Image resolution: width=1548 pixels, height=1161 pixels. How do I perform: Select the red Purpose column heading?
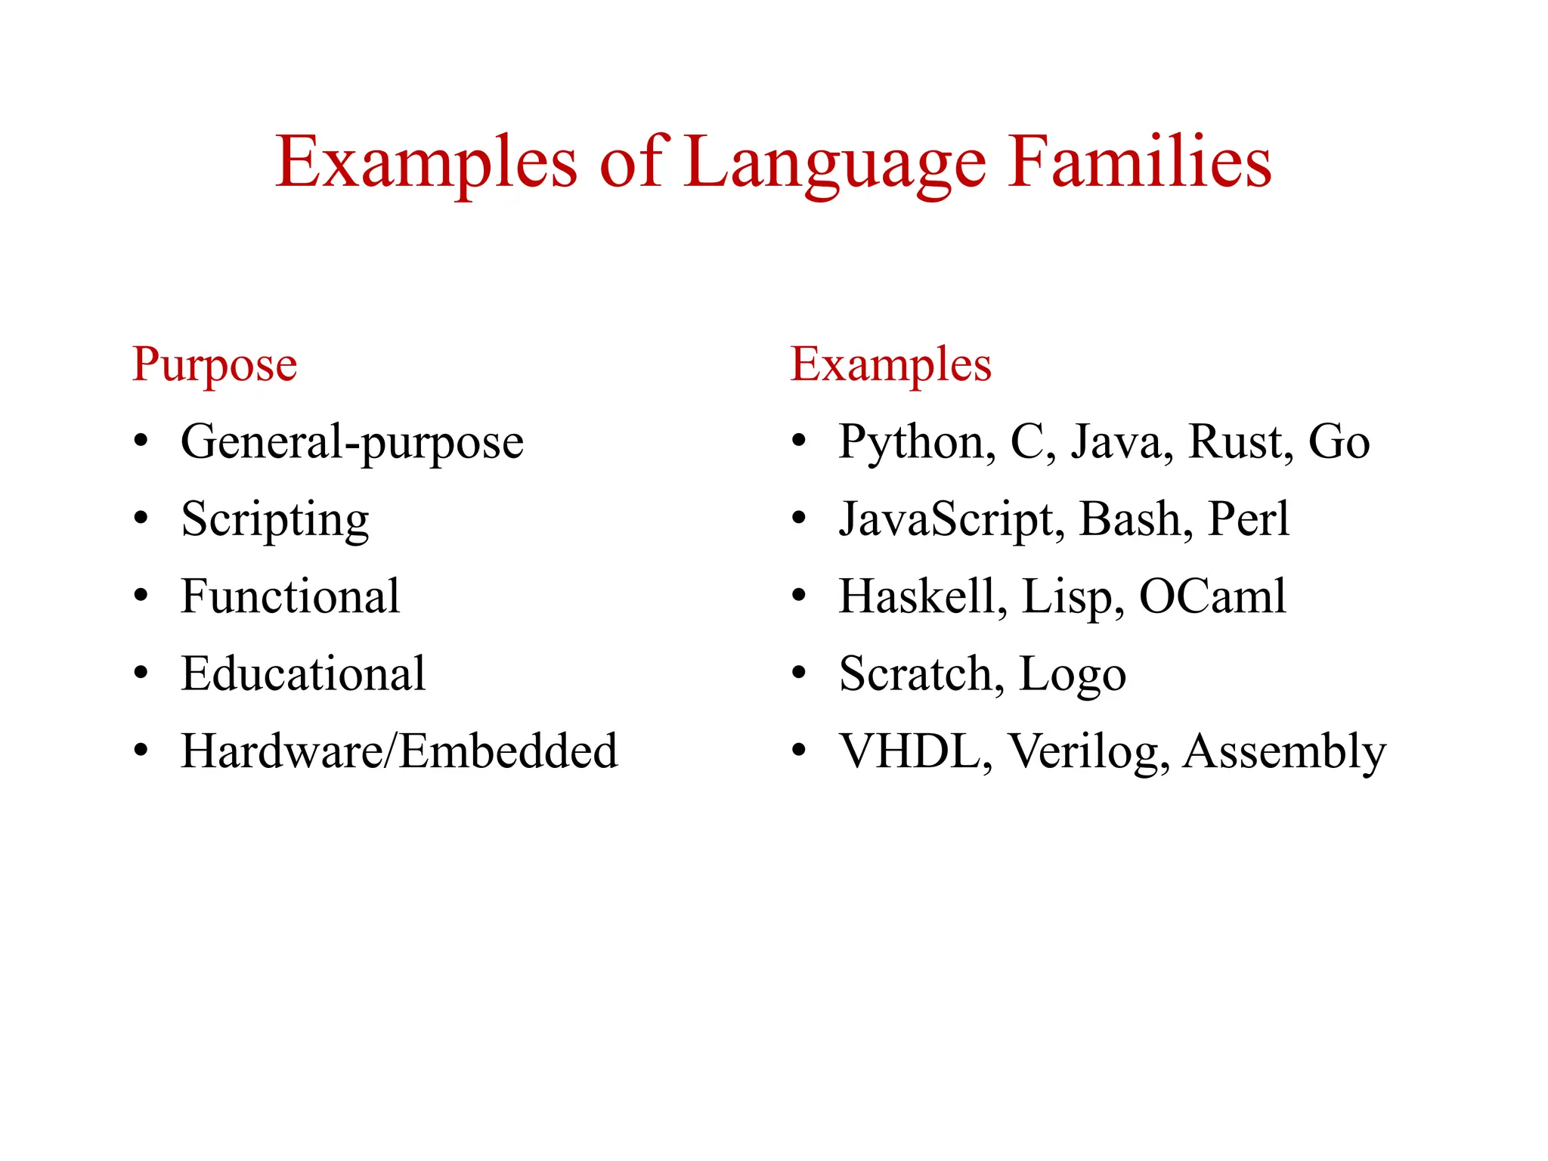pos(215,365)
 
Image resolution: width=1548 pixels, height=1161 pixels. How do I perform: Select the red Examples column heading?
pos(890,365)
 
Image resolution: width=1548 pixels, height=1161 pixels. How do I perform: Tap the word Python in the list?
pos(916,443)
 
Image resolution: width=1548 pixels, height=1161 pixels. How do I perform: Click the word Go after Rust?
pos(1339,441)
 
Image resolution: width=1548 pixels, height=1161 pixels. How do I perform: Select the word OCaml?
pos(1212,596)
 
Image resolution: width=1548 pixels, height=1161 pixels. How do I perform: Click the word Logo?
pos(1072,675)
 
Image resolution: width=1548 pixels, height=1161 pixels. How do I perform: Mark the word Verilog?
pos(1088,753)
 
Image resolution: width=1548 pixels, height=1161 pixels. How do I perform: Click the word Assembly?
pos(1284,753)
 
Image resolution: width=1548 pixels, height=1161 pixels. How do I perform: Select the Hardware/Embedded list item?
pos(399,751)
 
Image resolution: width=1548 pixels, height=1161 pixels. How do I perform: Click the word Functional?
pos(290,596)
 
